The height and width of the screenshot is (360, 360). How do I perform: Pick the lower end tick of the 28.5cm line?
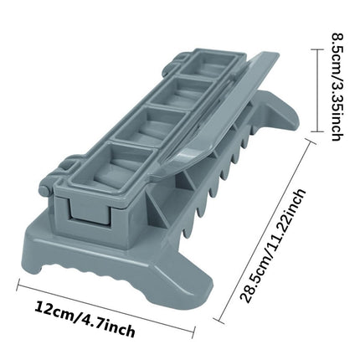pos(220,321)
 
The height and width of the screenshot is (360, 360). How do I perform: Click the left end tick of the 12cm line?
pos(18,286)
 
